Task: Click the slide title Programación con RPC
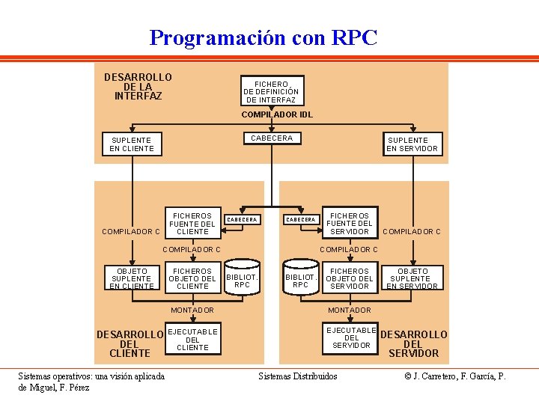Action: (264, 37)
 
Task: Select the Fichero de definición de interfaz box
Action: (270, 92)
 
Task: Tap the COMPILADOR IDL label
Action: (276, 115)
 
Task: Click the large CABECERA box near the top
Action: (272, 138)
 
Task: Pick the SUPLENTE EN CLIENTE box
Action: (131, 144)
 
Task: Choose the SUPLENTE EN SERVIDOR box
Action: (412, 144)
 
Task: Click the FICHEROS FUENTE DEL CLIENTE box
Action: (192, 223)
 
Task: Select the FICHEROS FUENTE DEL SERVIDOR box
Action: (349, 223)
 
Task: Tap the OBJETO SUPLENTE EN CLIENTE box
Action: (131, 278)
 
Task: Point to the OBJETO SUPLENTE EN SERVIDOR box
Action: (412, 278)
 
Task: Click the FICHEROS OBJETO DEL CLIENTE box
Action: (192, 278)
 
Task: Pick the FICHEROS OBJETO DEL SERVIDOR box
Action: (349, 278)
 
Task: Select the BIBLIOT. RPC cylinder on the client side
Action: (242, 279)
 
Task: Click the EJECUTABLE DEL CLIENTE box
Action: (192, 340)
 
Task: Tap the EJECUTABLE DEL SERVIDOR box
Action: (351, 337)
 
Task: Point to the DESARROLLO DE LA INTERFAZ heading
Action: (138, 87)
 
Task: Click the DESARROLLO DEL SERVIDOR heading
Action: (414, 343)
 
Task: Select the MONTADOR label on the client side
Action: (192, 310)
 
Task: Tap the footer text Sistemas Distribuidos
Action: (298, 376)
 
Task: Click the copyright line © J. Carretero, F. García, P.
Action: (454, 376)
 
